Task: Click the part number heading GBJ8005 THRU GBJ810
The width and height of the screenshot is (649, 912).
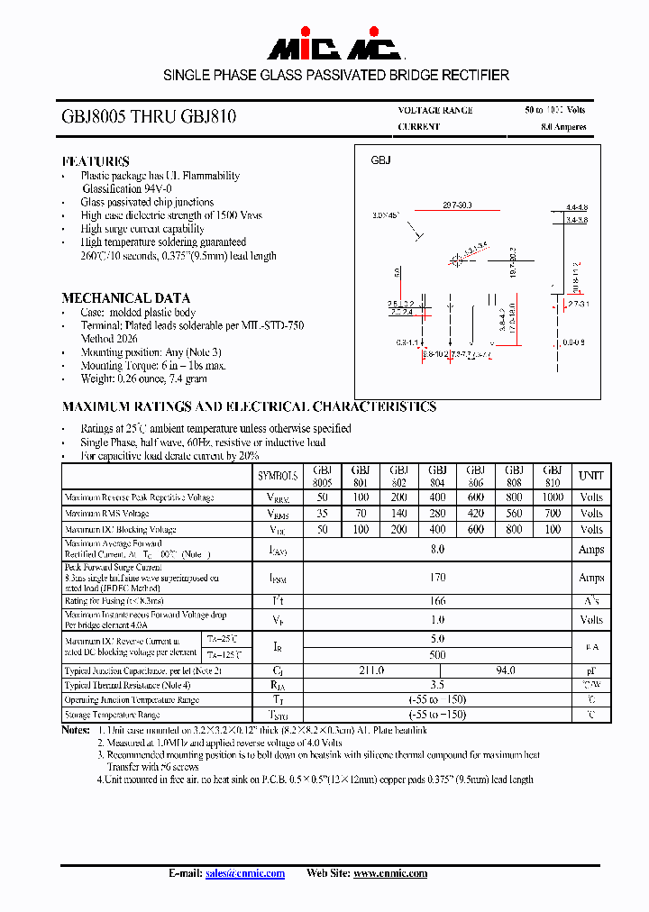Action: tap(150, 117)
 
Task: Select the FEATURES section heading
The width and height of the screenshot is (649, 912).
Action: tap(96, 161)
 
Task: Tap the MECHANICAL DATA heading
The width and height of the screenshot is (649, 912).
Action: tap(126, 298)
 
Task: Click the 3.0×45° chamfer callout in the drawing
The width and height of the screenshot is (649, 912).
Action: tap(384, 216)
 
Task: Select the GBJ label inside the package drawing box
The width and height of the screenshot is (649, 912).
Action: tap(380, 160)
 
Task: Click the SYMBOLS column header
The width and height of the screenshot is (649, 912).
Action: tap(278, 475)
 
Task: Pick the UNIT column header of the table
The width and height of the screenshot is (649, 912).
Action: tap(591, 475)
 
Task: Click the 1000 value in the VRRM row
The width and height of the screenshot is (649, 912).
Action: tap(553, 497)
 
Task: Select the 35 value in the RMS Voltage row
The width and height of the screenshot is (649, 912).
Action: tap(322, 514)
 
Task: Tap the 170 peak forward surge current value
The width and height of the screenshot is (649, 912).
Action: tap(437, 578)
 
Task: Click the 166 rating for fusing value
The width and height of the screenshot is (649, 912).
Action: tap(437, 601)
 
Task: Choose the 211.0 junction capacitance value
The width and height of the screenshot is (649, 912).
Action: tap(370, 670)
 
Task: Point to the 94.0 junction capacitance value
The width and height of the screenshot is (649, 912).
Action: tap(505, 670)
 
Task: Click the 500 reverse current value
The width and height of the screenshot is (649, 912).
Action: tap(437, 654)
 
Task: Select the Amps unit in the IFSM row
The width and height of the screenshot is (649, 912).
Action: tap(591, 578)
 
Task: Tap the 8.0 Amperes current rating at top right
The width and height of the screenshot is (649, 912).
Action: tap(563, 127)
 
